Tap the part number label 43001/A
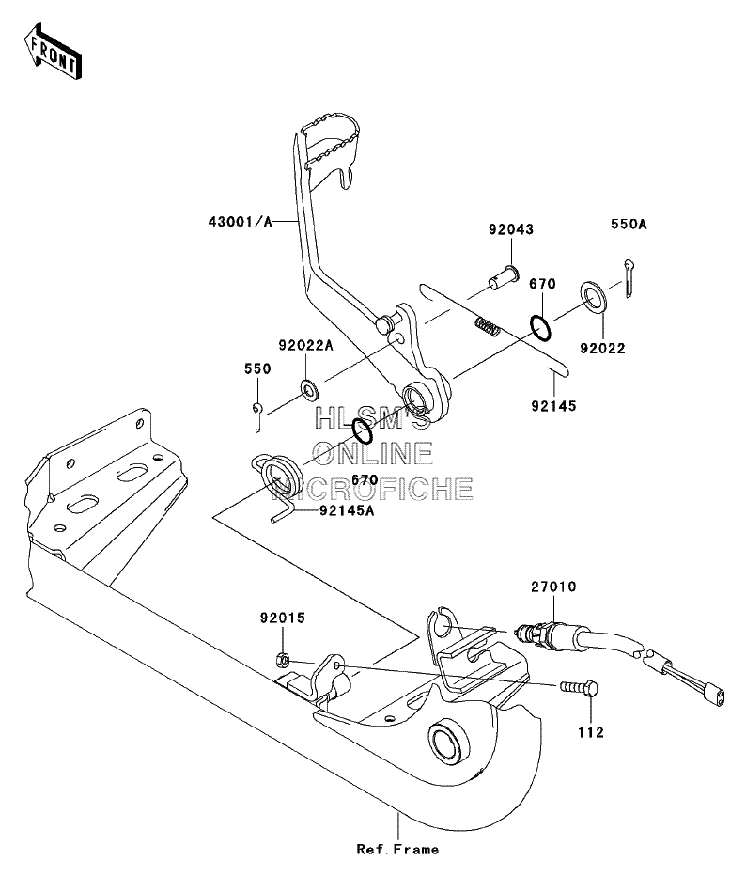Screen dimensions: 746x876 (x=241, y=222)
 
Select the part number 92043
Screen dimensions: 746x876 (x=511, y=229)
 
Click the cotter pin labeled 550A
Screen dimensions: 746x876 (x=629, y=277)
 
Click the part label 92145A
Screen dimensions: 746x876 (x=347, y=510)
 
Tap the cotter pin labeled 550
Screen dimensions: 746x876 (x=256, y=416)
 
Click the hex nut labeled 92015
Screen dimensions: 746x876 (x=283, y=661)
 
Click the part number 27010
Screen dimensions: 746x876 (x=553, y=587)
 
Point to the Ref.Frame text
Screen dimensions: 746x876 (x=397, y=849)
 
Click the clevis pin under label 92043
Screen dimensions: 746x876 (x=502, y=277)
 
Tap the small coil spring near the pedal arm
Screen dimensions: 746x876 (x=487, y=326)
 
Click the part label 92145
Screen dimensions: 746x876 (x=553, y=406)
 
